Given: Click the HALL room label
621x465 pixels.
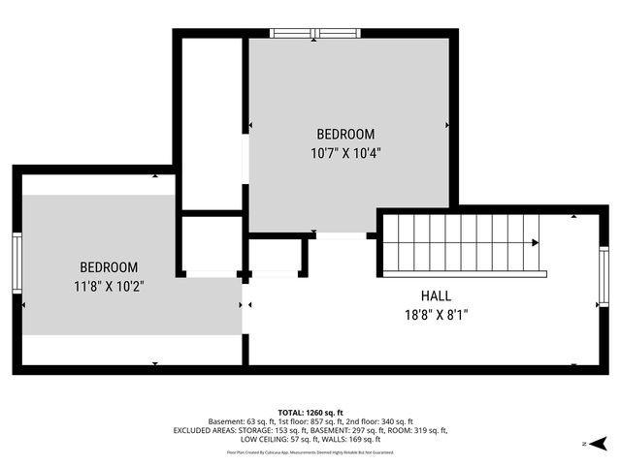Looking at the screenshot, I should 436,295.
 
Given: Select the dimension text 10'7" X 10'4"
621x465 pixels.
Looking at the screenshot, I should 344,152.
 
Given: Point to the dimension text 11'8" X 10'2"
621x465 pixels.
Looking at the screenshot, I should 108,285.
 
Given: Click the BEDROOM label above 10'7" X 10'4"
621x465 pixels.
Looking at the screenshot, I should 344,134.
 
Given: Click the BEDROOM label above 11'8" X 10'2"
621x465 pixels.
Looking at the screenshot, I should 108,266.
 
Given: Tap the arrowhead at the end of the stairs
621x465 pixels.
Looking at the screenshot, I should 536,243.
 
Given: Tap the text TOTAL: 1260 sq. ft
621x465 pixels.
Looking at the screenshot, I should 310,412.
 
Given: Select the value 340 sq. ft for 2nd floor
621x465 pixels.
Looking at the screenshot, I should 396,421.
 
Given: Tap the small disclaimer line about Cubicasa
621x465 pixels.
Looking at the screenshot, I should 310,451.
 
